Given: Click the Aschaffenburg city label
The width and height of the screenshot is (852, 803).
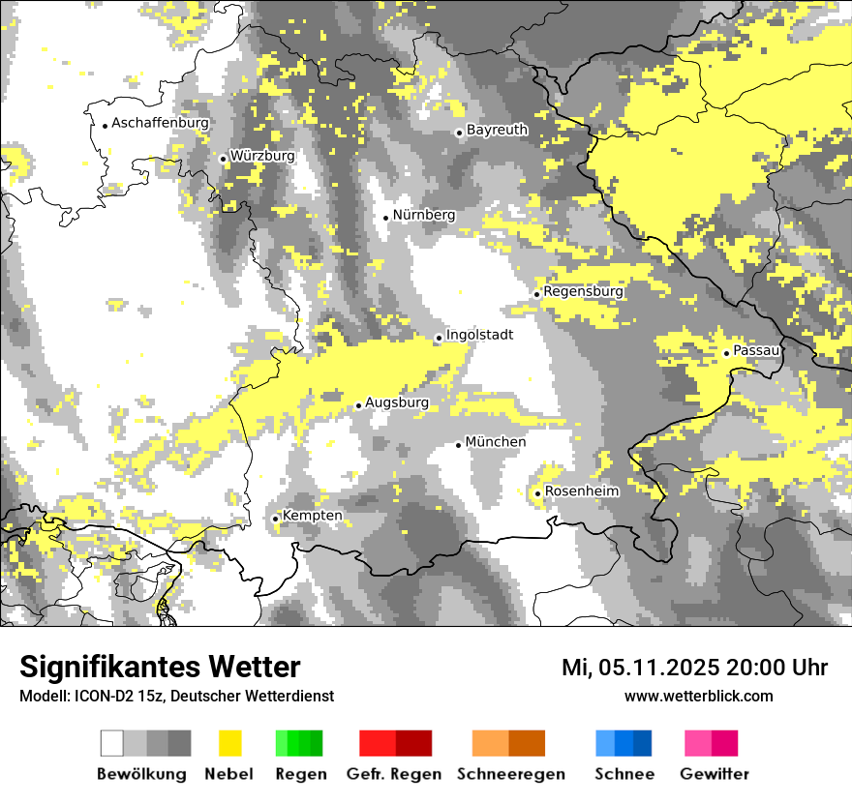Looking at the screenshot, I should coord(160,124).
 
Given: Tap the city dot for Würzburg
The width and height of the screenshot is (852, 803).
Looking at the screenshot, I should coord(223,159).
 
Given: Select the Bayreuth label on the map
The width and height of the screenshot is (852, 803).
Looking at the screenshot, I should coord(497,130).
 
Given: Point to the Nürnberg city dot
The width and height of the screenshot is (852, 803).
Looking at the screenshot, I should coord(385,218).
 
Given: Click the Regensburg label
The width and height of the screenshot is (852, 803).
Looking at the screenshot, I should coord(583,291).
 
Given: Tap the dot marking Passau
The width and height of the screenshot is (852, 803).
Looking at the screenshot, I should coord(726,353).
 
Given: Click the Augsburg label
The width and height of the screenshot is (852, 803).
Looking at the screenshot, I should coord(396,402).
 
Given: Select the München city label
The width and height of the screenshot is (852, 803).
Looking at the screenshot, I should coord(496,442).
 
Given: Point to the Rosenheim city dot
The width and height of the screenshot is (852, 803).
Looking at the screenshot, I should coord(537,494).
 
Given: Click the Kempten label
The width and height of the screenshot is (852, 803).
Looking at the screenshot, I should coord(312,516).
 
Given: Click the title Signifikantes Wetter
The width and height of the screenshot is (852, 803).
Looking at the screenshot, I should coord(160,668).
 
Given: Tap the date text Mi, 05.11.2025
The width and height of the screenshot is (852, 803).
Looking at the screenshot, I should coord(639,668).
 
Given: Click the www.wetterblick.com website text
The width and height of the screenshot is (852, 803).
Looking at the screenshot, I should coord(698,696).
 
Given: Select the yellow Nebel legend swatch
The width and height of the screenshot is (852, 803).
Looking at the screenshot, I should coord(230,743).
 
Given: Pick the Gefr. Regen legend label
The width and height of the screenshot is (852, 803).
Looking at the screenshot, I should coord(394,774).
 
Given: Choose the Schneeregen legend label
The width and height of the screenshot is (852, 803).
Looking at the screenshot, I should coord(510,774).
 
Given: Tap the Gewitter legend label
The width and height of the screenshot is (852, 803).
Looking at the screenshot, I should coord(715,774).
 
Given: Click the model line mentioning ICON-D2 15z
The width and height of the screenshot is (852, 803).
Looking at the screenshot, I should coord(176,696).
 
